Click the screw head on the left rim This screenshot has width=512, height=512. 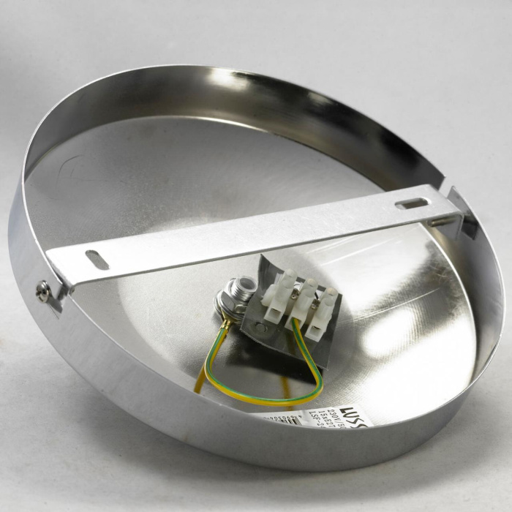click(x=45, y=293)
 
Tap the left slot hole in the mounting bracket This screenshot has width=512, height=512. click(x=97, y=260)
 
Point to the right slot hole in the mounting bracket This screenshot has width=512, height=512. click(x=413, y=202)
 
